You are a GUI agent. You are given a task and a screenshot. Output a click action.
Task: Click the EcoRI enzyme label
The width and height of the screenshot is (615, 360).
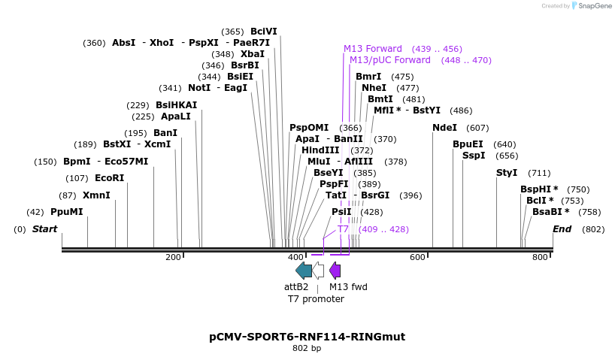pos(109,178)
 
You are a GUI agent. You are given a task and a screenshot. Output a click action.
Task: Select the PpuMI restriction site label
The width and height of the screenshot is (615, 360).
pos(66,212)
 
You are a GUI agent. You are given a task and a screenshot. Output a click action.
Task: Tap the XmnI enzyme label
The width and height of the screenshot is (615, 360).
pos(95,195)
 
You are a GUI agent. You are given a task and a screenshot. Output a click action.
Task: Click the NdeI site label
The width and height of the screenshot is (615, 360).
pos(444,128)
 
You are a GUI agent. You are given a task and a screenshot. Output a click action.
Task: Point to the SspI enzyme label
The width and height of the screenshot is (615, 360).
pos(474,156)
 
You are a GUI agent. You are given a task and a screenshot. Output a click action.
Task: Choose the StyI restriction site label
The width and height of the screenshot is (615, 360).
pos(507,173)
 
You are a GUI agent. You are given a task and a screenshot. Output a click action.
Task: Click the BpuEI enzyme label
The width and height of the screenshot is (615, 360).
pos(468,144)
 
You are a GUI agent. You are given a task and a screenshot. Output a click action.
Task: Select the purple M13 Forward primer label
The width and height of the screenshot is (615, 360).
pos(372,49)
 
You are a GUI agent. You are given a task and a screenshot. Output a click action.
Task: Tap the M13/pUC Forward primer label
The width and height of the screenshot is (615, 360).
pos(389,60)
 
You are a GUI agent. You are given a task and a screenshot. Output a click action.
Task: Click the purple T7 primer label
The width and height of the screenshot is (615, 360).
pos(343,229)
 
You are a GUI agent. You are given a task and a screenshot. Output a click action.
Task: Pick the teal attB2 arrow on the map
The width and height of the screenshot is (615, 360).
pos(304,271)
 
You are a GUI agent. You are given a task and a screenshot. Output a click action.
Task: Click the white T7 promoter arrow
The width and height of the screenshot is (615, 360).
pos(318,271)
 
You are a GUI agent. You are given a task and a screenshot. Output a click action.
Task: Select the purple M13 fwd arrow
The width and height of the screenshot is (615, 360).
pos(335,271)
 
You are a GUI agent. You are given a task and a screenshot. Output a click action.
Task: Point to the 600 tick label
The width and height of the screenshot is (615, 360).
pos(417,258)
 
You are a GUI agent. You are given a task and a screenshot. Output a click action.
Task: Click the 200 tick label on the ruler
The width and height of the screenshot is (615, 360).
pos(173,258)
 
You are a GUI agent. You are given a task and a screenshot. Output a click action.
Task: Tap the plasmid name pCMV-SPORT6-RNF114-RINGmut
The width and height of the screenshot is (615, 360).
pos(307,337)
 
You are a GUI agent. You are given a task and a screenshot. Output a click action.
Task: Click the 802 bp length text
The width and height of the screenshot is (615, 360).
pos(307,348)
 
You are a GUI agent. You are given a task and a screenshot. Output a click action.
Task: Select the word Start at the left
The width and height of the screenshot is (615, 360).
pos(44,229)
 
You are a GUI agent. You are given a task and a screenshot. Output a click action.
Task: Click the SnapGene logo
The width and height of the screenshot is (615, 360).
pos(590,6)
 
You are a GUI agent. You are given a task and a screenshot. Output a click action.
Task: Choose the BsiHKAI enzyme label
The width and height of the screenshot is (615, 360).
pos(176,105)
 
